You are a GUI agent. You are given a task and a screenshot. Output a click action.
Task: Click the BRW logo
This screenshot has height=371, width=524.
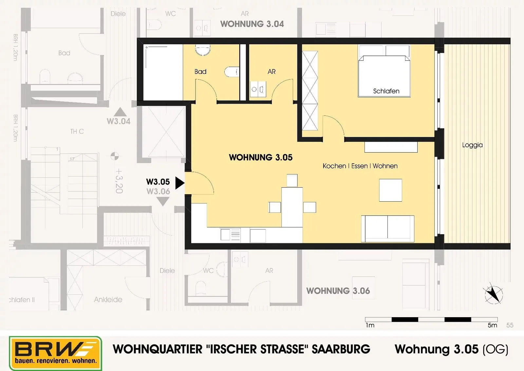pyautogui.click(x=55, y=353)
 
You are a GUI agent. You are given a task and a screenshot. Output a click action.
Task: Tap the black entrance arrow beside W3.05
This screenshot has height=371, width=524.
pyautogui.click(x=180, y=183)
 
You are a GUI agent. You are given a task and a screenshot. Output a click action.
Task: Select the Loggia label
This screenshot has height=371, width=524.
pyautogui.click(x=472, y=145)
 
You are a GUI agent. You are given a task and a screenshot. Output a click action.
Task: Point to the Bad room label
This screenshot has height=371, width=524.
pyautogui.click(x=200, y=72)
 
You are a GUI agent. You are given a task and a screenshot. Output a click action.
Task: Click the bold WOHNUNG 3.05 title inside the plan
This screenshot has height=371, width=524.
pyautogui.click(x=261, y=157)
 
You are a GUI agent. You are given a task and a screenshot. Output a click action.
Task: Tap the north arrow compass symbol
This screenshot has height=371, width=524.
pyautogui.click(x=494, y=295)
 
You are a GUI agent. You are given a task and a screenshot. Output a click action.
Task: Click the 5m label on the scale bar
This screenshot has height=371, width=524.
pyautogui.click(x=493, y=325)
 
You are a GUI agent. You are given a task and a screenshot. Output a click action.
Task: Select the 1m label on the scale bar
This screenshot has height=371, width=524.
pyautogui.click(x=370, y=325)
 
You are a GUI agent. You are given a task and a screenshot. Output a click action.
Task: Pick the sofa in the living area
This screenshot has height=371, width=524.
pyautogui.click(x=388, y=229)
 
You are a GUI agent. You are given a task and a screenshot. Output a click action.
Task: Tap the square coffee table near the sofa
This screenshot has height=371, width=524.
pyautogui.click(x=390, y=190)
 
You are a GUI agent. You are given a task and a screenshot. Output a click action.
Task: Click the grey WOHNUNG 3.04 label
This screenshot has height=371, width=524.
pyautogui.click(x=252, y=24)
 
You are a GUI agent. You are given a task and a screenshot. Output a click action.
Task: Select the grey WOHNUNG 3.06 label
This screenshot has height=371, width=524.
pyautogui.click(x=338, y=291)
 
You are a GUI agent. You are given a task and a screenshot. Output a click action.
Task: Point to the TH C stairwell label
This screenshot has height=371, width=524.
pyautogui.click(x=77, y=131)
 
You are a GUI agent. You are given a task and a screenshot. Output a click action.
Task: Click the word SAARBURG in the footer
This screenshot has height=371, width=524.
pyautogui.click(x=341, y=349)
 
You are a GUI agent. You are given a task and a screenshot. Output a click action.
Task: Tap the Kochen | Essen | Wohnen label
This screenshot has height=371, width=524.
pyautogui.click(x=360, y=166)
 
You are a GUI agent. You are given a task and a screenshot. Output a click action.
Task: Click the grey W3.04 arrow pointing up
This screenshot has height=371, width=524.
pyautogui.click(x=120, y=112)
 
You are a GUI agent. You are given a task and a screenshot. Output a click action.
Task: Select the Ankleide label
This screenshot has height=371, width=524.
pyautogui.click(x=108, y=299)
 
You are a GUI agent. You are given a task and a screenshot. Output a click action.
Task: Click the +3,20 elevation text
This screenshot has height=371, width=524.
pyautogui.click(x=119, y=181)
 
